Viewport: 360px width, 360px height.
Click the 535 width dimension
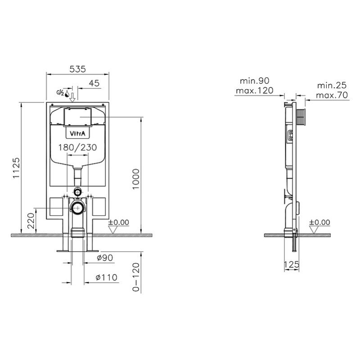tap(77, 69)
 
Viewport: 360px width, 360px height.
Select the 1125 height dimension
tap(16, 168)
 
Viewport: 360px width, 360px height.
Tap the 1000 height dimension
tap(136, 179)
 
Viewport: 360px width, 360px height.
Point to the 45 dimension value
tap(94, 83)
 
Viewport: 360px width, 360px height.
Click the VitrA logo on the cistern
tap(77, 133)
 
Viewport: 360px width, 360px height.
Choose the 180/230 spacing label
tap(77, 147)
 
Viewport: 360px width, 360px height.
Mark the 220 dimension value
tap(31, 220)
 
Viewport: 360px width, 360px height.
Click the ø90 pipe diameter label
tap(105, 258)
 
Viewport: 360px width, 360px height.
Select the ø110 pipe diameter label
tap(107, 277)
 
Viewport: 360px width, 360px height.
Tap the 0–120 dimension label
tap(136, 277)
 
